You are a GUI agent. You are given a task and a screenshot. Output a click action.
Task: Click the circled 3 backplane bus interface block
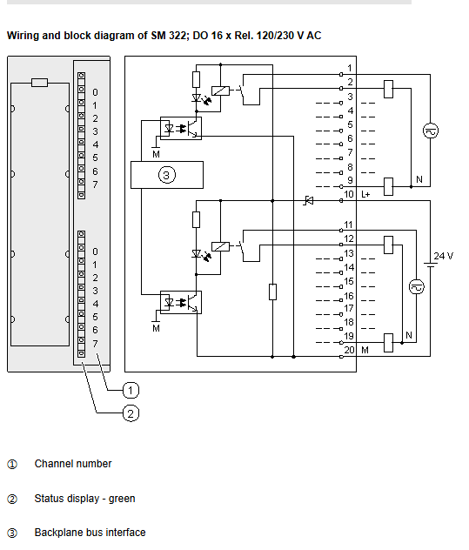[167, 175]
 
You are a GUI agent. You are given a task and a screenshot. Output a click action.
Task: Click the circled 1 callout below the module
[131, 390]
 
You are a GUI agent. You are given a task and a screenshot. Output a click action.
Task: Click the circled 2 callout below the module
[131, 413]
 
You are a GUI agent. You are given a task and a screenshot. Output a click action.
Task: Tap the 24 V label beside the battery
[444, 256]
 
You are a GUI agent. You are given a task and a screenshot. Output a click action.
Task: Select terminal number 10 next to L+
[349, 194]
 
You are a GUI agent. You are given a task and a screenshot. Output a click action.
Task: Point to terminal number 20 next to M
[349, 350]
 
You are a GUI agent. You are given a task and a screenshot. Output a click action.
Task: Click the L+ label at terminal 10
[365, 194]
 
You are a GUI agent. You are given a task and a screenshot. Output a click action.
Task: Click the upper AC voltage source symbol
[431, 131]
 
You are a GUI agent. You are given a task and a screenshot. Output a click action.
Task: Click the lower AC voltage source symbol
[417, 286]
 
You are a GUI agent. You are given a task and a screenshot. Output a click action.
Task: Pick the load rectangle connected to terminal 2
[388, 89]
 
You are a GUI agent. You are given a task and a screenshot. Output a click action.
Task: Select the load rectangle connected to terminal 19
[388, 342]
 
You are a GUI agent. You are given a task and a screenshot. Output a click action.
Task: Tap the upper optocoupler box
[181, 129]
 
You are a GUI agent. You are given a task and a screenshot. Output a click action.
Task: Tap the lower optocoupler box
[181, 302]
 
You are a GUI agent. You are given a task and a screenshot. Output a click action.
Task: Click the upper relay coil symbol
[221, 91]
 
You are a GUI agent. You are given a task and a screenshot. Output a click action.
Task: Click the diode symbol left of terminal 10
[309, 201]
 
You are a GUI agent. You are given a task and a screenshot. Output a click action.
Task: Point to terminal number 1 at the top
[350, 68]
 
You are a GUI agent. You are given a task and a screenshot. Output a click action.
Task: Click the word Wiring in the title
[23, 37]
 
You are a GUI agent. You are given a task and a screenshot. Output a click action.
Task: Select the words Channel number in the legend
[73, 464]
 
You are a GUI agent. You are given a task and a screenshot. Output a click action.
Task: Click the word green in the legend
[122, 499]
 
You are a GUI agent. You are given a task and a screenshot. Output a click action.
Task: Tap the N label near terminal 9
[419, 179]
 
